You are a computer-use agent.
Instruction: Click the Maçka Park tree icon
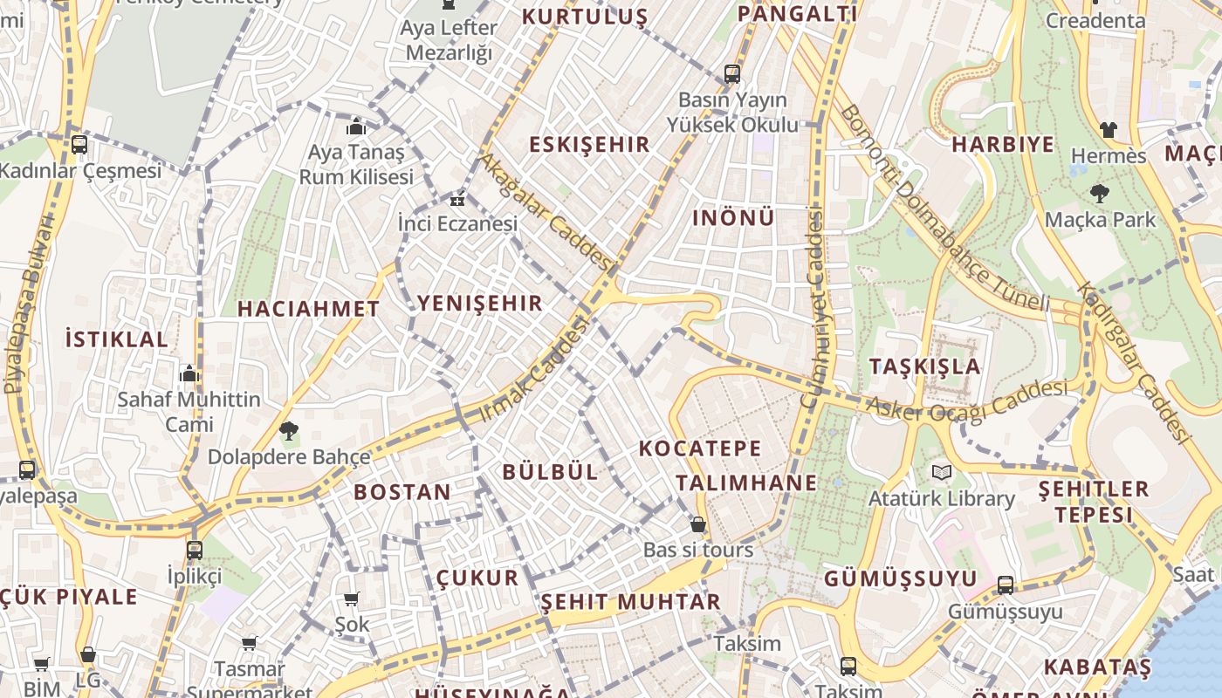(x=1099, y=194)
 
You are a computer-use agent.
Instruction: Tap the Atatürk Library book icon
(x=940, y=473)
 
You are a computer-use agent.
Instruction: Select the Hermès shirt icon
(x=1108, y=130)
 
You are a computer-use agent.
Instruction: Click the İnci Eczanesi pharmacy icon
(x=457, y=200)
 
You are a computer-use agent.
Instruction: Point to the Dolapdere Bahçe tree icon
(x=288, y=430)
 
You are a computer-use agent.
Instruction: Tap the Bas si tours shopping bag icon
(x=697, y=524)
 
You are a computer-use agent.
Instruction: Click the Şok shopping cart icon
(x=352, y=599)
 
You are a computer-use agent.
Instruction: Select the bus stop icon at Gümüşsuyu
(x=1006, y=585)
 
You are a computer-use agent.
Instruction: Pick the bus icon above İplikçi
(x=194, y=551)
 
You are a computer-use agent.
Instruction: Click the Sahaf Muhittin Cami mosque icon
(x=189, y=374)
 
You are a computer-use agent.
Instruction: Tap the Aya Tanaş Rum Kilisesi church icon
(x=355, y=127)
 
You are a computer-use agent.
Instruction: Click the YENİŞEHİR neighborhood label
(x=480, y=304)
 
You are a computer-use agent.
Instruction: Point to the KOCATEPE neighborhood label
(x=700, y=448)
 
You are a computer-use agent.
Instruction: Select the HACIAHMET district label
(x=308, y=309)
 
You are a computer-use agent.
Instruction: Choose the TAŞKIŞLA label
(x=925, y=366)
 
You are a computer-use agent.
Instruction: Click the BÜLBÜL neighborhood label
(x=550, y=472)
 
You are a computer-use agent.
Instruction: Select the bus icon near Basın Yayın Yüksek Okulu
(x=731, y=74)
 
